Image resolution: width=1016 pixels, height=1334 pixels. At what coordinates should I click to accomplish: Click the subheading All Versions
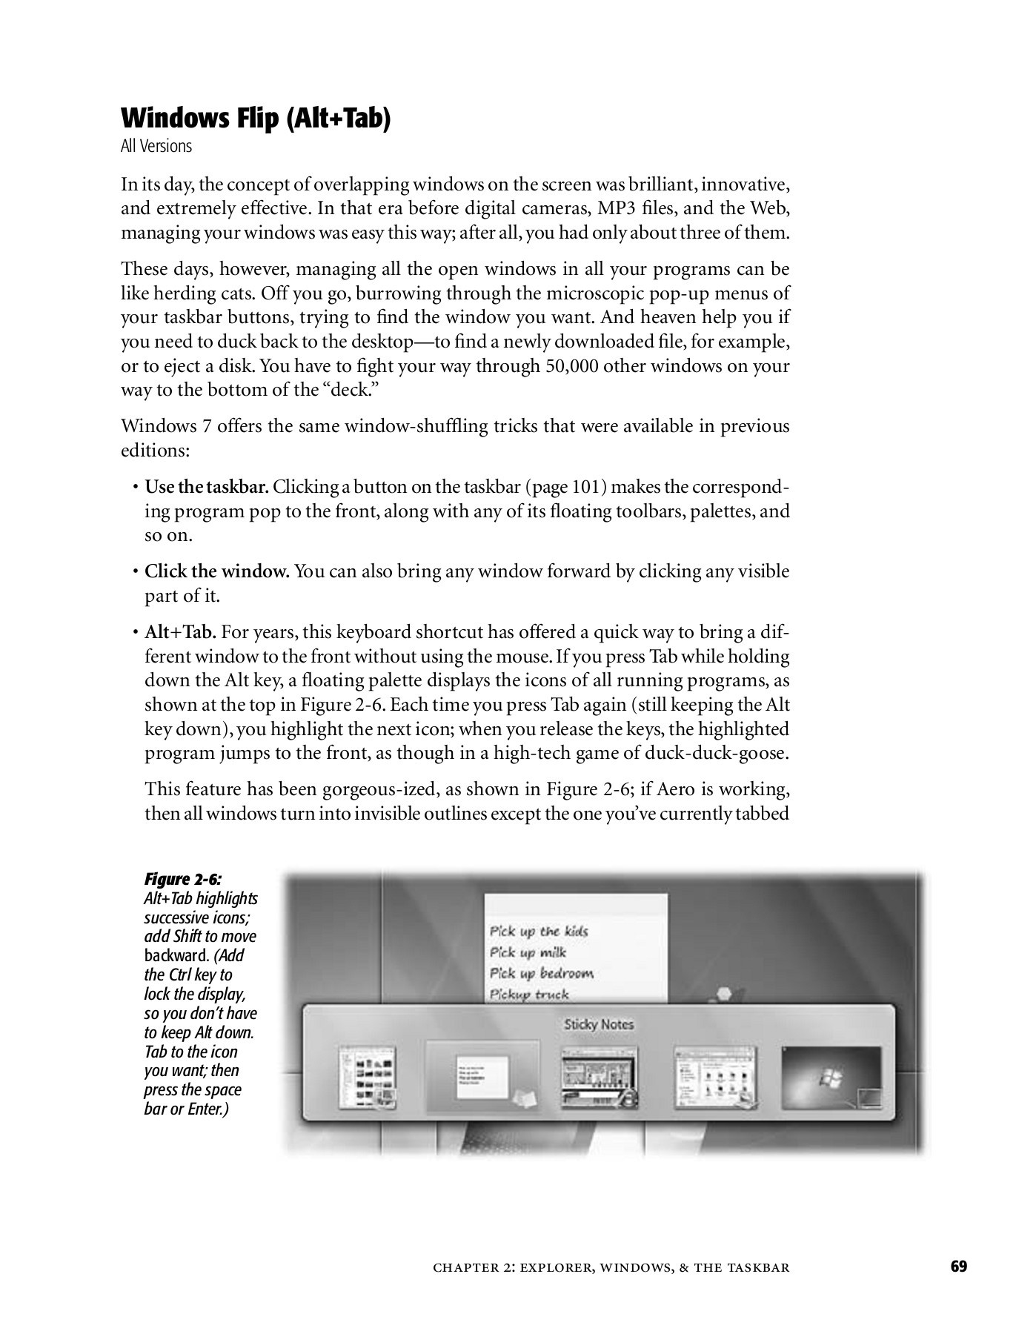pyautogui.click(x=156, y=146)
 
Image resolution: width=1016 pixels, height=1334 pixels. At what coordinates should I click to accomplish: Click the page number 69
pyautogui.click(x=959, y=1266)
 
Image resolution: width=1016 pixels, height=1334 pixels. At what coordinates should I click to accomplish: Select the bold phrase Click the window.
pyautogui.click(x=216, y=571)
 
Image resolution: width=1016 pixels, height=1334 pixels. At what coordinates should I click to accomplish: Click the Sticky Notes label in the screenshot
pyautogui.click(x=599, y=1024)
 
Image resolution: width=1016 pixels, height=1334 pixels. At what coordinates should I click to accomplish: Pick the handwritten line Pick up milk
pyautogui.click(x=528, y=952)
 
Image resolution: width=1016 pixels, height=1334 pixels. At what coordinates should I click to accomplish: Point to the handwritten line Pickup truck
pyautogui.click(x=529, y=995)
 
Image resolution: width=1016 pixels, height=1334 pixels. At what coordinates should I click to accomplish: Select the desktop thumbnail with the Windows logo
pyautogui.click(x=831, y=1078)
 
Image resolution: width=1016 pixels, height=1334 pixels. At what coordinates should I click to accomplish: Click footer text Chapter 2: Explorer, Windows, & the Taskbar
pyautogui.click(x=611, y=1267)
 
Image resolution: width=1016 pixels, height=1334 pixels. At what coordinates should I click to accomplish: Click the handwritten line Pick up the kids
pyautogui.click(x=539, y=931)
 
